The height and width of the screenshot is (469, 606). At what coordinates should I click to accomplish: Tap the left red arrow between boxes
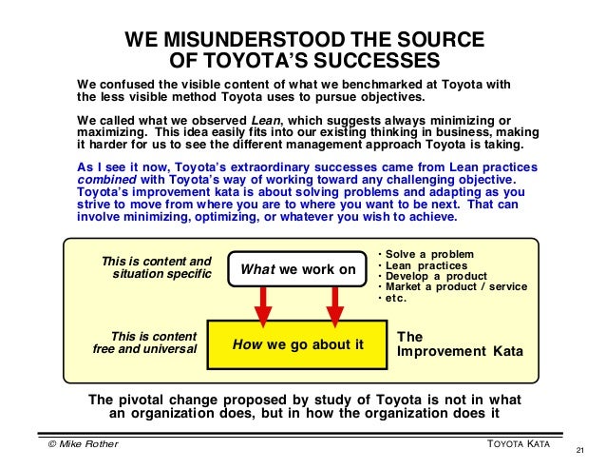tap(263, 303)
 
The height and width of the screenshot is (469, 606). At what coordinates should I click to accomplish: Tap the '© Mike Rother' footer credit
tap(80, 444)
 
